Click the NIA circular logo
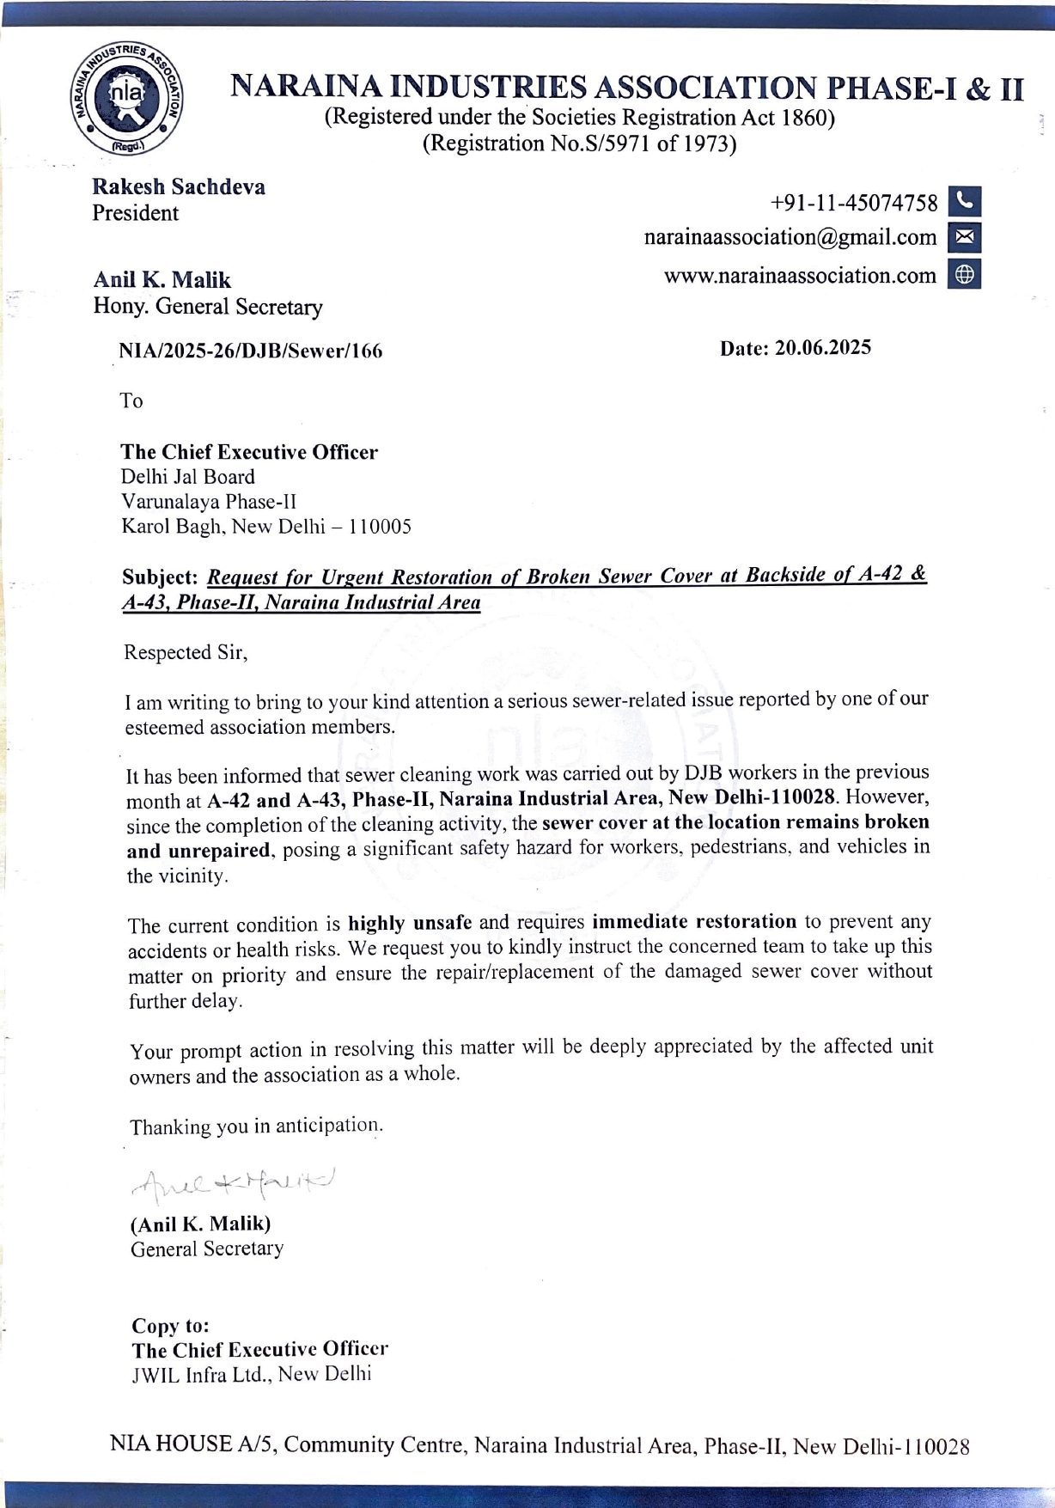tap(126, 99)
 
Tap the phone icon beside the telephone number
tap(964, 201)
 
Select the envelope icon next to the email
tap(964, 237)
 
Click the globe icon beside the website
tap(964, 274)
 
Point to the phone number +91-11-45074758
tap(854, 203)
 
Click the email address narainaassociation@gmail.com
tap(790, 237)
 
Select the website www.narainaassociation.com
tap(800, 276)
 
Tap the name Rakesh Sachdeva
tap(179, 186)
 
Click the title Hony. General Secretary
tap(208, 307)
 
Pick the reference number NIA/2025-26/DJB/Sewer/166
tap(251, 351)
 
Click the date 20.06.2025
tap(822, 347)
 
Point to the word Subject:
tap(160, 577)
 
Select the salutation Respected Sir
tap(186, 652)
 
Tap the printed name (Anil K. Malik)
tap(200, 1223)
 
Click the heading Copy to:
tap(170, 1325)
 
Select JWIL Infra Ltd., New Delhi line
tap(251, 1374)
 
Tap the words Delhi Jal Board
tap(188, 477)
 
